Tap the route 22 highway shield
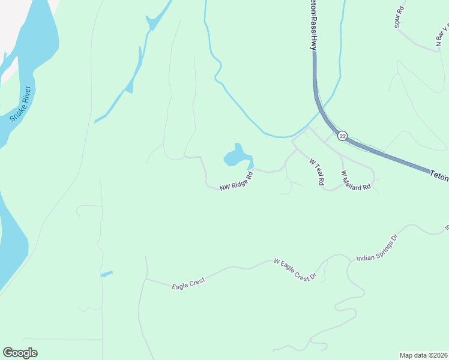click(342, 136)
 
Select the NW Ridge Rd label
click(235, 184)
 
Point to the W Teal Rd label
click(316, 171)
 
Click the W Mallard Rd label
click(356, 181)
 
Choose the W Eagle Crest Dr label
click(294, 270)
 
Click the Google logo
click(20, 353)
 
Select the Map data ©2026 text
click(423, 355)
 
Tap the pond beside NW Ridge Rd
click(237, 157)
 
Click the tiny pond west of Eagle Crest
click(106, 274)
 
